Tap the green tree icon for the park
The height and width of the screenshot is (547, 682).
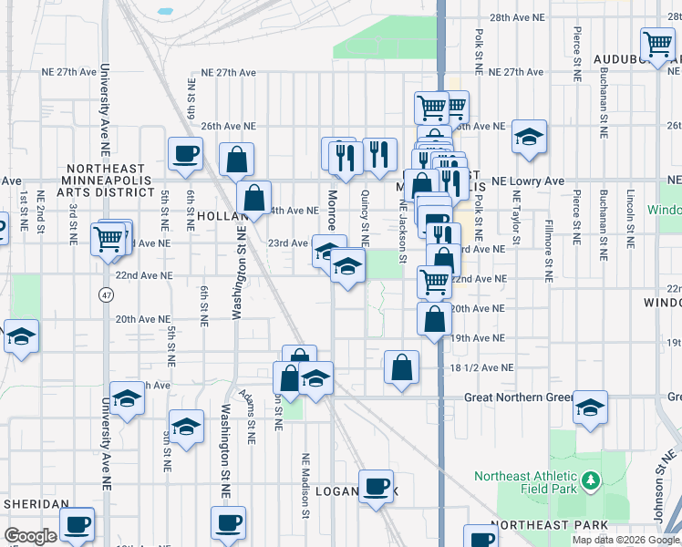tap(591, 479)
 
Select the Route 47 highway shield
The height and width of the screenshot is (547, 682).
tap(106, 295)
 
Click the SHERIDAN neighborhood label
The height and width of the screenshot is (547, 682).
tap(37, 503)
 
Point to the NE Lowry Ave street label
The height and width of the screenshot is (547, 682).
tap(528, 181)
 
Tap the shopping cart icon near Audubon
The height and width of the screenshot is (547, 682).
tap(656, 44)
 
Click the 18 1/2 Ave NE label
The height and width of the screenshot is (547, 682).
tap(482, 368)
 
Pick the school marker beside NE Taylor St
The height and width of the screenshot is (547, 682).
tap(529, 137)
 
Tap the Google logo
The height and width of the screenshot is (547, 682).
tap(30, 536)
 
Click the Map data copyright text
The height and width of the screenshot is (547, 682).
tap(626, 540)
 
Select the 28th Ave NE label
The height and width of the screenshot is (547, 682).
tap(547, 17)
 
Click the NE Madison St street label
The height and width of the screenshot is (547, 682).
tap(305, 487)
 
